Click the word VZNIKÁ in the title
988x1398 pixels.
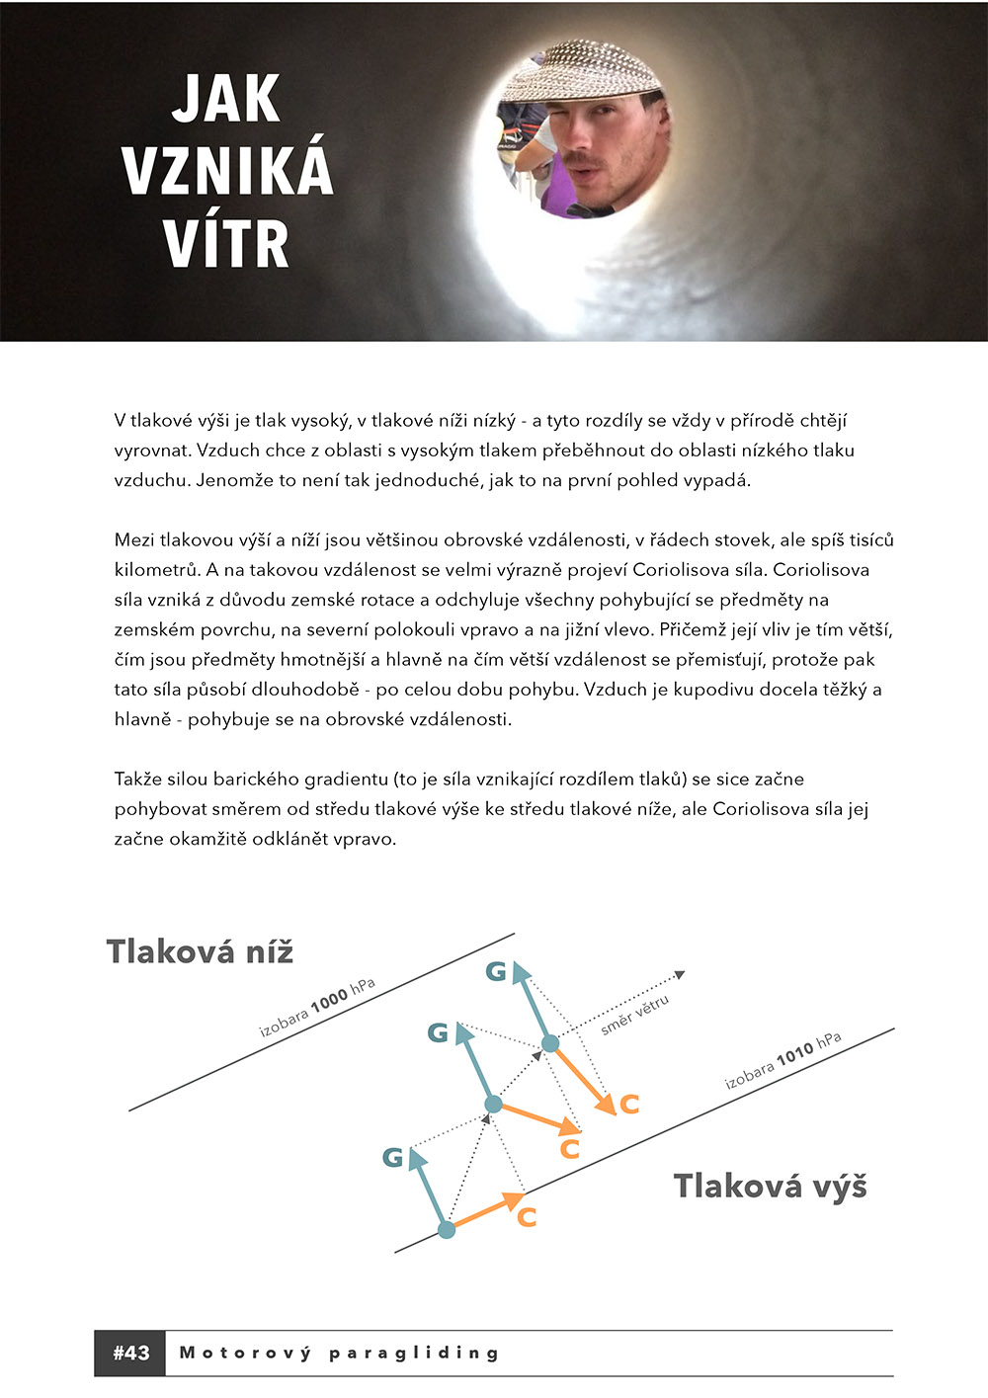[x=227, y=170]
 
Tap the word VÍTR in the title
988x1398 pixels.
[x=226, y=243]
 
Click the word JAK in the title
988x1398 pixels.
[x=226, y=99]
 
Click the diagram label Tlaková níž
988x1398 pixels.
[x=200, y=951]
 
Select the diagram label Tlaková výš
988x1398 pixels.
[x=770, y=1186]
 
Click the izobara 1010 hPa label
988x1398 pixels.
[x=782, y=1060]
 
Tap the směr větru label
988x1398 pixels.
[x=635, y=1015]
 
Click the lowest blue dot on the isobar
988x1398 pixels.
[x=447, y=1230]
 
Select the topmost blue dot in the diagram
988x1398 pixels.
[x=550, y=1043]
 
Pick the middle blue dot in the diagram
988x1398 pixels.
[x=494, y=1105]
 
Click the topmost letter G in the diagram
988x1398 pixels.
[x=496, y=972]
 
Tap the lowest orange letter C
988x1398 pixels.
[x=527, y=1217]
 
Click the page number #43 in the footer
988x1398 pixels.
[x=130, y=1354]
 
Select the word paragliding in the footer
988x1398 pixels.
[x=414, y=1354]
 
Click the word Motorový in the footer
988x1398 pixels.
[x=245, y=1354]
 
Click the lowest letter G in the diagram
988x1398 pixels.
[x=393, y=1157]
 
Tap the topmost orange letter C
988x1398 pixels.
[x=629, y=1104]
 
